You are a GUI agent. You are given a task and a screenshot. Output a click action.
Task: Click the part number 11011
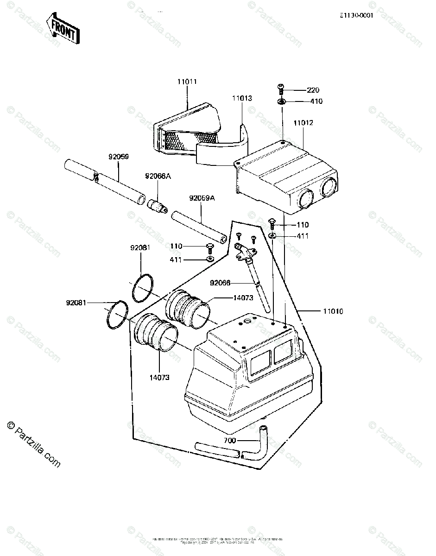tap(187, 82)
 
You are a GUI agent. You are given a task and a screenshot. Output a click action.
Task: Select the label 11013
tap(242, 98)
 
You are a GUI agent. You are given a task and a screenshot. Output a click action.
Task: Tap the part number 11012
tap(303, 123)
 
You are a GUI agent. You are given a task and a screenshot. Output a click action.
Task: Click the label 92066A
tap(158, 176)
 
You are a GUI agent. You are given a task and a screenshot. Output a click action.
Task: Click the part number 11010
tap(333, 311)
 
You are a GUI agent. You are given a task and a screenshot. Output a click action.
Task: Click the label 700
tap(230, 440)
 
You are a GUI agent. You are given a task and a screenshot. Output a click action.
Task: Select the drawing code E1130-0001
tap(356, 15)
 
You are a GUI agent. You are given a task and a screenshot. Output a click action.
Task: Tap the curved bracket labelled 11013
tap(222, 148)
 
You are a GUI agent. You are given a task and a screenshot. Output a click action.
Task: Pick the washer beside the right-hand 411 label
tap(272, 236)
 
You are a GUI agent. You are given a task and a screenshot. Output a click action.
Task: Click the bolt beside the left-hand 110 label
tap(209, 246)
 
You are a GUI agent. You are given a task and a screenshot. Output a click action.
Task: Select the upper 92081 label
tap(140, 248)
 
